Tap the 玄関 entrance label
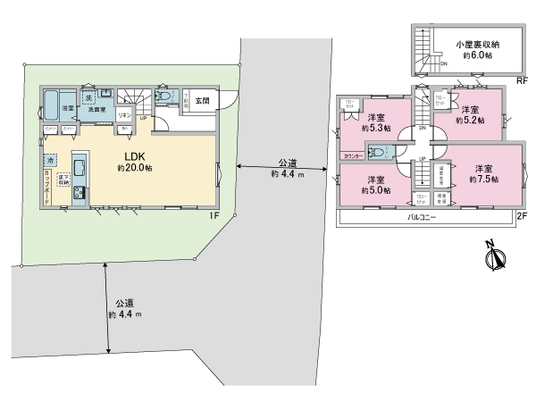click(x=202, y=100)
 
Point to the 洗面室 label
click(x=96, y=109)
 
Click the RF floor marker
click(x=522, y=80)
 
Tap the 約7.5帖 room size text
click(x=482, y=179)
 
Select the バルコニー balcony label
click(x=423, y=217)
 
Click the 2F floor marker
click(x=522, y=216)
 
